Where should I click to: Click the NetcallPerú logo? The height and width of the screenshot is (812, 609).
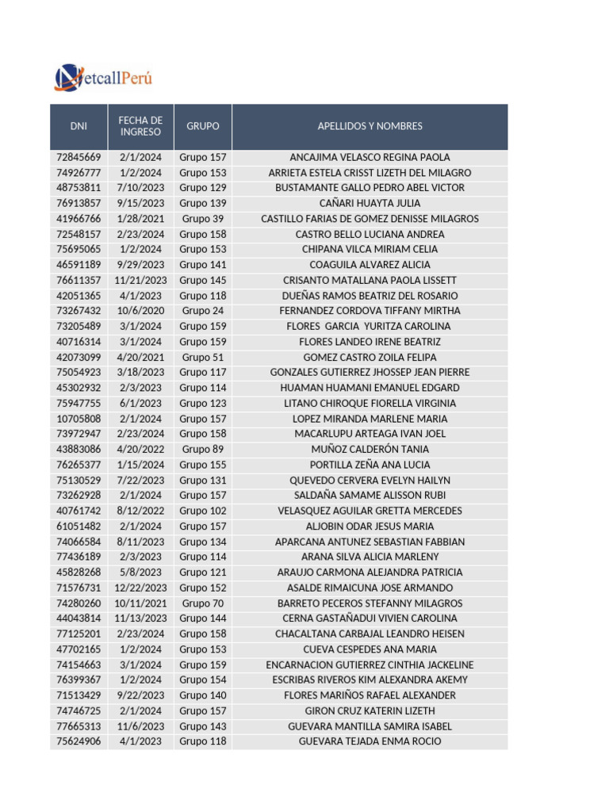(x=103, y=78)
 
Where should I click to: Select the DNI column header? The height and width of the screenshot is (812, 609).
(x=79, y=127)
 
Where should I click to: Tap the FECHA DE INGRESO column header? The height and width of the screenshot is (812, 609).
(x=140, y=127)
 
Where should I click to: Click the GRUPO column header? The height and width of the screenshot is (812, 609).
(x=203, y=127)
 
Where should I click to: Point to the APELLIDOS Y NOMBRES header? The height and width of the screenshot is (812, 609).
(x=370, y=127)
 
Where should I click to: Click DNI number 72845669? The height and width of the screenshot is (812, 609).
(x=79, y=157)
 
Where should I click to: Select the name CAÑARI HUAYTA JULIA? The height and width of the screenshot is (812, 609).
(x=370, y=204)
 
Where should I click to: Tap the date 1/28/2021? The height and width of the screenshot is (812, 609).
(x=140, y=219)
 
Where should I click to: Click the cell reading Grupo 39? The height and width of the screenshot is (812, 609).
(x=203, y=219)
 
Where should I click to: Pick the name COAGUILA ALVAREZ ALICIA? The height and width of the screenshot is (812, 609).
(x=370, y=265)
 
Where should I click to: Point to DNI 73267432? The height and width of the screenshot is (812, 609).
(x=79, y=311)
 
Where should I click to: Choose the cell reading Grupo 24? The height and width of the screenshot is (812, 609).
(x=203, y=311)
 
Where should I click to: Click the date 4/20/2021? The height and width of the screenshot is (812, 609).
(x=140, y=357)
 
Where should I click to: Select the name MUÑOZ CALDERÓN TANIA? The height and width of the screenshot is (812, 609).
(x=370, y=450)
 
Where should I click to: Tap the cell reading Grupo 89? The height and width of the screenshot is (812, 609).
(x=203, y=450)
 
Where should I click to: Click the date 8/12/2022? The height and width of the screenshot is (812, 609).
(x=140, y=511)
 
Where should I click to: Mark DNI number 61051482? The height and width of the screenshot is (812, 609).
(x=79, y=527)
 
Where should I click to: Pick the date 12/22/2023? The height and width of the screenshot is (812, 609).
(x=140, y=588)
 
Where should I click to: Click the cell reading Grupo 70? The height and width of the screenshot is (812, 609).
(x=203, y=603)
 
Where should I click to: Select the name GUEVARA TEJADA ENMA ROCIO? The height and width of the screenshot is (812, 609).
(x=370, y=741)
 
